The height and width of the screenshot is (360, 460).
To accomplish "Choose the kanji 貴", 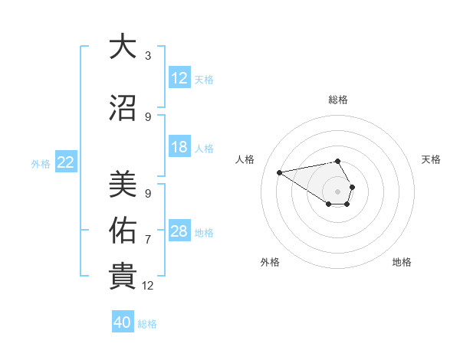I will pos(123,277).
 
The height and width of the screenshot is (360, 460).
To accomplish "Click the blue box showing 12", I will pos(179,78).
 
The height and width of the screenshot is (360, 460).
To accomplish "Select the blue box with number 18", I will pos(179,147).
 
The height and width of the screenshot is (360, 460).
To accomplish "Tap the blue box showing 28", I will pos(179,231).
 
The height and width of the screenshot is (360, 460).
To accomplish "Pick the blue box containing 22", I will pos(66,162).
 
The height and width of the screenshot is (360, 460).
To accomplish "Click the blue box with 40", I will pos(123,322).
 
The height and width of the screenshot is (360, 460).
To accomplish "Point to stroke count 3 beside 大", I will pos(148,55).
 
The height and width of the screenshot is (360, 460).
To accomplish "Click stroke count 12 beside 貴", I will pos(148,286).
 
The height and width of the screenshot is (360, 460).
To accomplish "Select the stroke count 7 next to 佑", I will pos(148,239).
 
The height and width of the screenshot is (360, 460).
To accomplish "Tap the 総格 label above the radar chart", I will pos(337,100).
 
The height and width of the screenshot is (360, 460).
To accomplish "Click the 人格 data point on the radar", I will pos(280,172).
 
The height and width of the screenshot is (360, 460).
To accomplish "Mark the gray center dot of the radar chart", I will pos(337,191).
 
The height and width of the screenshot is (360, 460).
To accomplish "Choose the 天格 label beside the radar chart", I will pos(431,159).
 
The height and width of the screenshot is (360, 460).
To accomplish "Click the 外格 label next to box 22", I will pos(41,163).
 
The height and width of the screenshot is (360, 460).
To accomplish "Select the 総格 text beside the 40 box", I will pos(147,324).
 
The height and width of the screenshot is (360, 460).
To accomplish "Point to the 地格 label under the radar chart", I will pos(402,262).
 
